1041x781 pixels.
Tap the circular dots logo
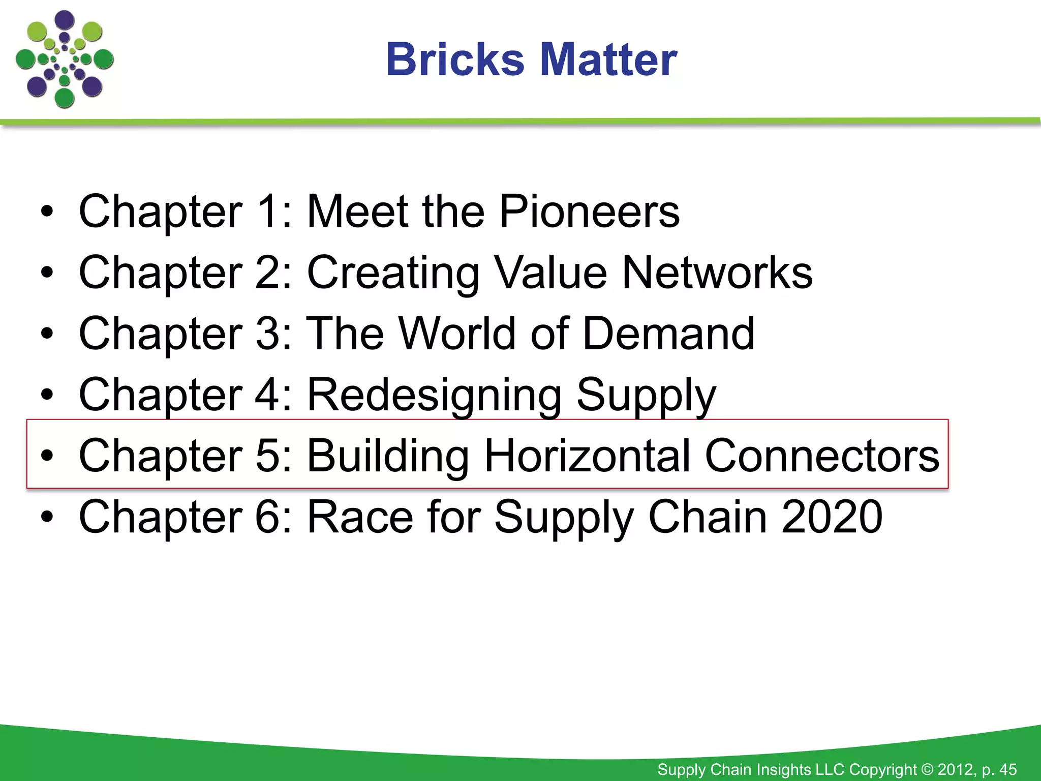coord(65,59)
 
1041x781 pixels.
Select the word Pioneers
coord(589,212)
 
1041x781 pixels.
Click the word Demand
coord(668,334)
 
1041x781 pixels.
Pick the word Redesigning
coord(435,396)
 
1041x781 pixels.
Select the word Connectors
coord(822,456)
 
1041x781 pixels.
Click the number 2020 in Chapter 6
coord(832,517)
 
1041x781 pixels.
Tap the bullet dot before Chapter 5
coord(47,457)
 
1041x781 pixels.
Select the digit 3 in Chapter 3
coord(266,334)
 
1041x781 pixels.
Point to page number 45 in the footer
coord(1007,769)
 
